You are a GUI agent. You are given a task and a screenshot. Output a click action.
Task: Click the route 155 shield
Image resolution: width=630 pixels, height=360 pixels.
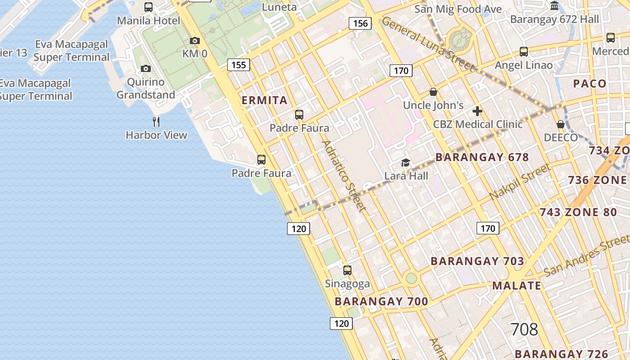(x=238, y=65)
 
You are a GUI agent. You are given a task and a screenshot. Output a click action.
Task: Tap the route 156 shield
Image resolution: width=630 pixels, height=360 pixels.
(x=360, y=23)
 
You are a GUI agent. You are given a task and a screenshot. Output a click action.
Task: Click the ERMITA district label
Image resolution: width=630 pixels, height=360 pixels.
(x=265, y=100)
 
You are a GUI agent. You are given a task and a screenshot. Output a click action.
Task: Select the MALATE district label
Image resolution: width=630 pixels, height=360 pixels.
(x=517, y=286)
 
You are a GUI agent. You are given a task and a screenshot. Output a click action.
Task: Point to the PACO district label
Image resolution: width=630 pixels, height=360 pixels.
(x=589, y=83)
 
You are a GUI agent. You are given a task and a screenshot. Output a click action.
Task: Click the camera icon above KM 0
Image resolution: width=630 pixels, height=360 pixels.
(x=195, y=41)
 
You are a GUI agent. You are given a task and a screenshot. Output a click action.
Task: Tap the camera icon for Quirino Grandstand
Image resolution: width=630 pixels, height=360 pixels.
(x=145, y=69)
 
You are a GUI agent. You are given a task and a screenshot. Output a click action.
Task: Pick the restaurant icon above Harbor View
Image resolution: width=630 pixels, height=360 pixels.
(x=156, y=121)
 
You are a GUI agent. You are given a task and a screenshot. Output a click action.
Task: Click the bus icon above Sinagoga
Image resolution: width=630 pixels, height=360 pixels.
(x=347, y=270)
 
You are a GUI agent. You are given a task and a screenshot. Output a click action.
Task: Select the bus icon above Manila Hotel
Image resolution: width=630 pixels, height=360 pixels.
(x=148, y=7)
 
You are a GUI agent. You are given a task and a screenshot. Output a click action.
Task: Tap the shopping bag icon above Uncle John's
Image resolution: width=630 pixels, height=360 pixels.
(x=433, y=92)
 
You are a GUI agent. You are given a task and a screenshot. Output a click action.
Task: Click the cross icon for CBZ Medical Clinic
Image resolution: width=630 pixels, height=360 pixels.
(x=477, y=111)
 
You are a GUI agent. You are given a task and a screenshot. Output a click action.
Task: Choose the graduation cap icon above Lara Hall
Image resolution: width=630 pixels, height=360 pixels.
(x=405, y=162)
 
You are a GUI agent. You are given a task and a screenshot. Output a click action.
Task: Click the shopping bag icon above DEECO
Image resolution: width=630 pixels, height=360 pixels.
(x=561, y=124)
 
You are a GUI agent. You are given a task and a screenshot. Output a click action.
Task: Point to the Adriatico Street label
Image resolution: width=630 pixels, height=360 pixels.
(x=343, y=175)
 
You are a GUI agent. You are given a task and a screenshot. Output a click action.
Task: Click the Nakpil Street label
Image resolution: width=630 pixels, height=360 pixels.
(x=520, y=182)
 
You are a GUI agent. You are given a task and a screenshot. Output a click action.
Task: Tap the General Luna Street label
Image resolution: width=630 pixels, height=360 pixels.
(x=427, y=44)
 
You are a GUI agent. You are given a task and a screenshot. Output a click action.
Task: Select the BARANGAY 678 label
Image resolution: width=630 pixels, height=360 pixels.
(x=482, y=157)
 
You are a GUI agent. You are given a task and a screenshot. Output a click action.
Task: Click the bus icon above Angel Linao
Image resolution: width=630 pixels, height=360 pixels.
(x=524, y=52)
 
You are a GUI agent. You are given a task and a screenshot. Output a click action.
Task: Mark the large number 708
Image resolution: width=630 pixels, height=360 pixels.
(x=524, y=329)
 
